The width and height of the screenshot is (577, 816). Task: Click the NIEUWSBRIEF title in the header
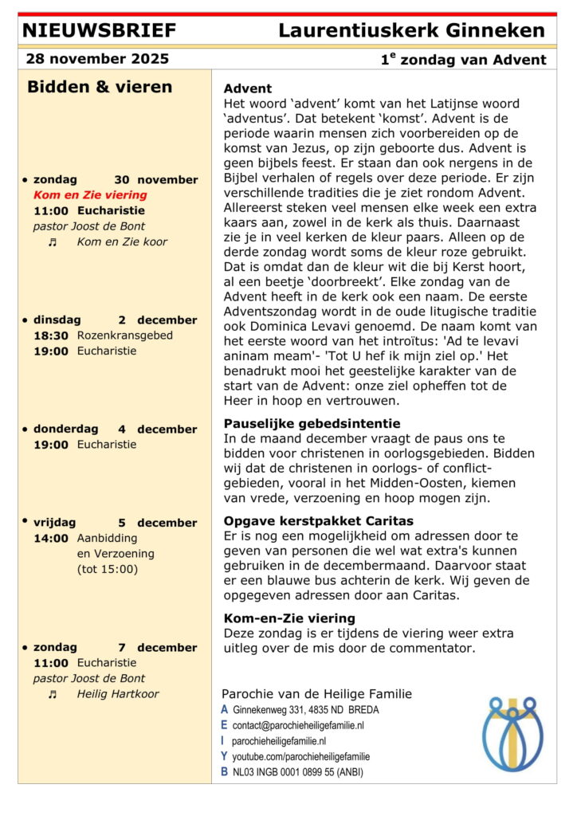100,31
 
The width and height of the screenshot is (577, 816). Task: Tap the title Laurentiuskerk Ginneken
411,31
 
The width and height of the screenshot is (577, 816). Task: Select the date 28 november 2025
97,59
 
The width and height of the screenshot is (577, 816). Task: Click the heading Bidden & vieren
100,87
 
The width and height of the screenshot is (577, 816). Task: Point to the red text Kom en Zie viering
90,194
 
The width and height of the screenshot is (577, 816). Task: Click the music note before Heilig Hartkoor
53,694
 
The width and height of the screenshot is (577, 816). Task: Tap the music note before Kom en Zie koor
53,241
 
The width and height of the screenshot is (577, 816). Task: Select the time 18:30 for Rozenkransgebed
51,335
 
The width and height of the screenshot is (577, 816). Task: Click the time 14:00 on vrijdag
51,538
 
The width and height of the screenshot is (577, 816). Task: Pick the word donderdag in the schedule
65,429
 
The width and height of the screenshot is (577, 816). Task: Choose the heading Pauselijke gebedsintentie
312,423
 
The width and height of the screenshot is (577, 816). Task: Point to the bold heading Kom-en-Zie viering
289,618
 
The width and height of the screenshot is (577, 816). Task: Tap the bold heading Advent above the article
248,88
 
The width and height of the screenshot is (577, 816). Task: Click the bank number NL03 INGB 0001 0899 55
297,771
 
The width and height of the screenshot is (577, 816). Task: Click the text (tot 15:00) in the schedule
108,569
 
